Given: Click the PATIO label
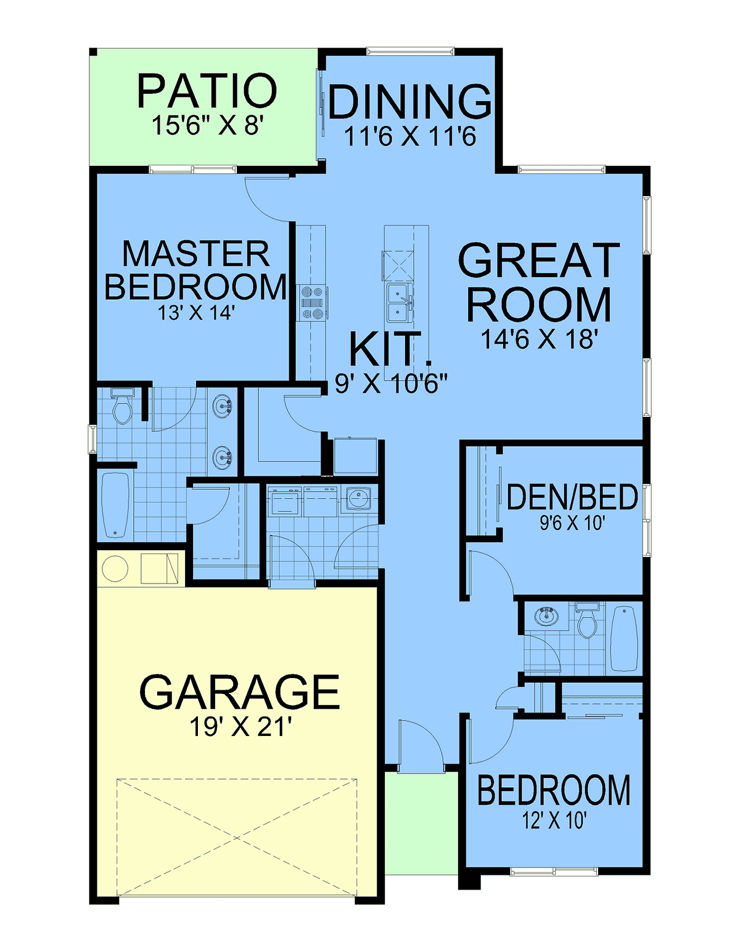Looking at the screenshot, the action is pyautogui.click(x=207, y=91).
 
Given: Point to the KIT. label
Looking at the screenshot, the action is pyautogui.click(x=390, y=349).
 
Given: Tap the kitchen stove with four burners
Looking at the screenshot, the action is pyautogui.click(x=312, y=303).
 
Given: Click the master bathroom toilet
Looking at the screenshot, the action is pyautogui.click(x=122, y=406).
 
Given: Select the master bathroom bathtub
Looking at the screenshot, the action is pyautogui.click(x=115, y=505).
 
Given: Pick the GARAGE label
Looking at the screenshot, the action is pyautogui.click(x=239, y=692).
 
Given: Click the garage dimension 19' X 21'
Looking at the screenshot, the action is pyautogui.click(x=240, y=727).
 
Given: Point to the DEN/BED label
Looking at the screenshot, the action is pyautogui.click(x=572, y=497).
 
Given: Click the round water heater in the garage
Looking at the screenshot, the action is pyautogui.click(x=115, y=568).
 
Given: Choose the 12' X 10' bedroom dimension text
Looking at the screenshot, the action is pyautogui.click(x=554, y=820).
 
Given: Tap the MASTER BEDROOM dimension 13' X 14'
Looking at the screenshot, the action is pyautogui.click(x=195, y=313).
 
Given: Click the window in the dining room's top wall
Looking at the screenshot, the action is pyautogui.click(x=410, y=51).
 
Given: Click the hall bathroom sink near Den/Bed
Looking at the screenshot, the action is pyautogui.click(x=547, y=616).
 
